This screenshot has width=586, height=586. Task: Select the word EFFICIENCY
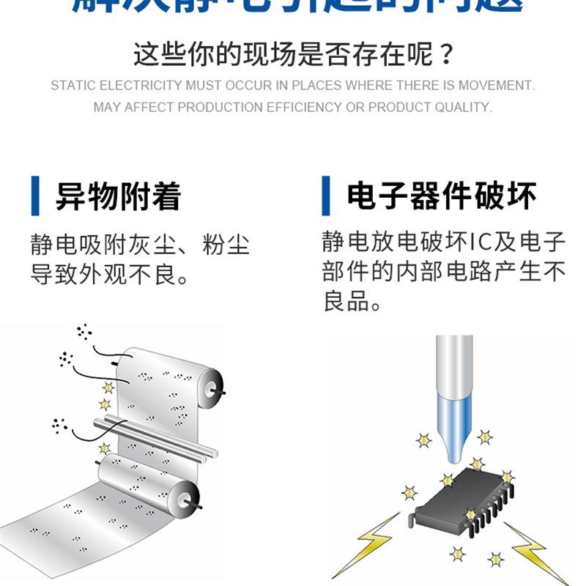point(304,108)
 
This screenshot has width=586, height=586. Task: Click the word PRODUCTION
point(220,108)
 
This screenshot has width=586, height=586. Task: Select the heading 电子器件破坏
point(442,196)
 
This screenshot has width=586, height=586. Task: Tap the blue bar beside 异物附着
point(34,196)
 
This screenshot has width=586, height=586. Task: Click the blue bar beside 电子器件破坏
point(325,196)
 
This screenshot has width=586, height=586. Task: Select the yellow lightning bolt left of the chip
point(370,546)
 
